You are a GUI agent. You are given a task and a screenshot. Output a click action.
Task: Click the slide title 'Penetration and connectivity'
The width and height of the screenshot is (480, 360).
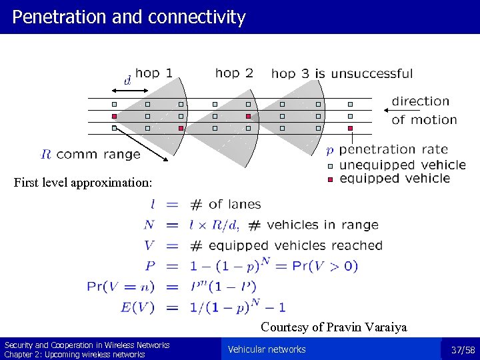click(x=129, y=17)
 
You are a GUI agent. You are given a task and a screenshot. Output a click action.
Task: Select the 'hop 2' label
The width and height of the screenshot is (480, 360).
click(x=234, y=73)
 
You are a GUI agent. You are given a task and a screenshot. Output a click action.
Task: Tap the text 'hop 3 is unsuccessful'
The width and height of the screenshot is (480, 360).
click(x=342, y=73)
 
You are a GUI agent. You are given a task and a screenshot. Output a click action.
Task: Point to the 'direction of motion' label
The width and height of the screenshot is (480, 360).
click(x=424, y=111)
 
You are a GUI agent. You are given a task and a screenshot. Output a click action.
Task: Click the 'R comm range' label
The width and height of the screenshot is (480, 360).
click(x=91, y=155)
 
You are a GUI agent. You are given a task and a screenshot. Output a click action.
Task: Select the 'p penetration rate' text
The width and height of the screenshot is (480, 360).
click(x=387, y=149)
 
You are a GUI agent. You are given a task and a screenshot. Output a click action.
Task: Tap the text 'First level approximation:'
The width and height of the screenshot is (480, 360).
click(x=83, y=182)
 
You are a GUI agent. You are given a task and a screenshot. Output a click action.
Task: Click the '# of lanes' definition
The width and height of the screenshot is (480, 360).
click(x=225, y=205)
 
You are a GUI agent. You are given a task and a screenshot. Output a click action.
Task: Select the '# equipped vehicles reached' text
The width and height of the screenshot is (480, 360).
click(x=286, y=246)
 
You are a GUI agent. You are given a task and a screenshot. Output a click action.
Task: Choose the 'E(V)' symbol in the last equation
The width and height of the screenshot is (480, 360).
click(x=138, y=307)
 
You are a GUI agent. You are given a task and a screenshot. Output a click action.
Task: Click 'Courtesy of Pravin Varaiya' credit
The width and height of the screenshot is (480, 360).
click(x=333, y=327)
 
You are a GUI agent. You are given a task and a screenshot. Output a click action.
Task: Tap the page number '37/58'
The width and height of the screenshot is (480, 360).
click(x=462, y=350)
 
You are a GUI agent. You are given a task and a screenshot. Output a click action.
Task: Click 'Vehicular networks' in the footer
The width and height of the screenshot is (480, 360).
click(x=267, y=349)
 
